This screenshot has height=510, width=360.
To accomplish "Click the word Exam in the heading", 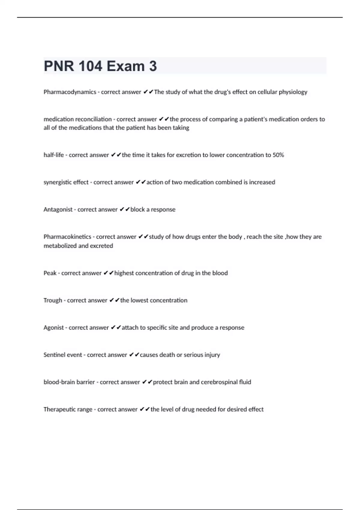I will (125, 66).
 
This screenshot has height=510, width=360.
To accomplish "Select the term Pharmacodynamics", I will (70, 92).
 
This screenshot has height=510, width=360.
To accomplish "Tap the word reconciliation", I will (94, 119).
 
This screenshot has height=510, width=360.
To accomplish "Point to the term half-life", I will (54, 155).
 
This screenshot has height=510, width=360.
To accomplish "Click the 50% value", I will (278, 155).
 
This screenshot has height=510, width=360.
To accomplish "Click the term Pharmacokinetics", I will (67, 237).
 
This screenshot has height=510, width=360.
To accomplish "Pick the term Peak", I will (50, 273).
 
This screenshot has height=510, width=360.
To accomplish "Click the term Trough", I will (53, 300).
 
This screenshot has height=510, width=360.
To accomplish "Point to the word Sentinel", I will (54, 355).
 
